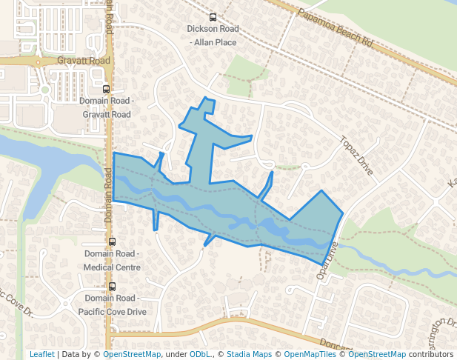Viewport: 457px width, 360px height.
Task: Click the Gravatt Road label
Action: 83,61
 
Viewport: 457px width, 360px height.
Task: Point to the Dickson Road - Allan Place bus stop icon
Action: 213,18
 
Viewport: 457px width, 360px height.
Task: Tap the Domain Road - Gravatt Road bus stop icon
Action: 107,90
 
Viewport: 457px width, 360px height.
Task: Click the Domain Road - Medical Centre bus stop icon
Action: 113,241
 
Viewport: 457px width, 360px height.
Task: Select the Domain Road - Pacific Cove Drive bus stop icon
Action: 113,287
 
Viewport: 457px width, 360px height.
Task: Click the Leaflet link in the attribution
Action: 41,354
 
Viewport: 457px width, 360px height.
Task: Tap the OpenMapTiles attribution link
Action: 310,354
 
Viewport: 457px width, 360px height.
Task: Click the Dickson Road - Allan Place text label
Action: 213,36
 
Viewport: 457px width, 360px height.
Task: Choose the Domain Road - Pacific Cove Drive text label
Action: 113,306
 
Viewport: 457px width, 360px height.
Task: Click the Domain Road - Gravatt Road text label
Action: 107,108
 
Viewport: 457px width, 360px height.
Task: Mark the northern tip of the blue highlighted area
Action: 205,98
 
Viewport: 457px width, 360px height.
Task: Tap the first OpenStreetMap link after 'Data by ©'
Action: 132,354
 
